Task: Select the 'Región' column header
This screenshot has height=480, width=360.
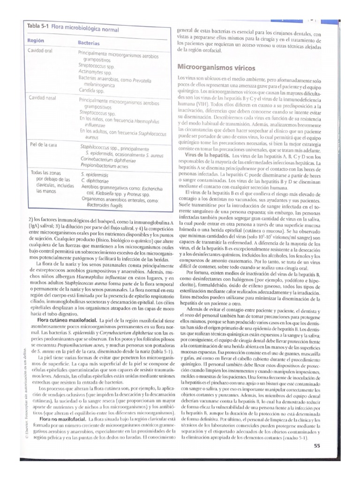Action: (x=36, y=41)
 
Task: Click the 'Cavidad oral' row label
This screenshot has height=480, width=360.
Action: (x=40, y=51)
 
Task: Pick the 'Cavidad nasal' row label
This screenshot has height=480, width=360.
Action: (x=42, y=97)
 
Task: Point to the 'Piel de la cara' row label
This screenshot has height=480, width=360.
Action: (x=43, y=144)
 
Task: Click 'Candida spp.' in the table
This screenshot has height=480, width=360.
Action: (x=91, y=90)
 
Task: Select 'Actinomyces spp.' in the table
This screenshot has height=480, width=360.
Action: (x=95, y=72)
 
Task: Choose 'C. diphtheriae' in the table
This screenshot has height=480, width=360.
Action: (x=95, y=180)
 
